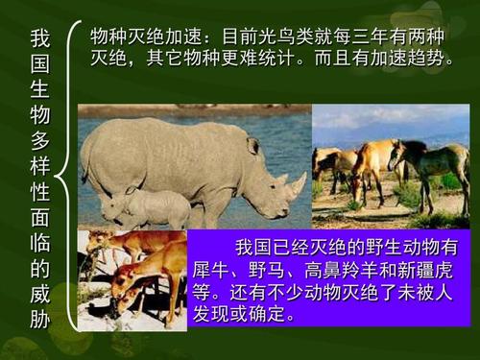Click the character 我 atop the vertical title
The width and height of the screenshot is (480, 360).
(x=39, y=40)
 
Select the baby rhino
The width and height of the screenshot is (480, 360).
(x=144, y=207)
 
